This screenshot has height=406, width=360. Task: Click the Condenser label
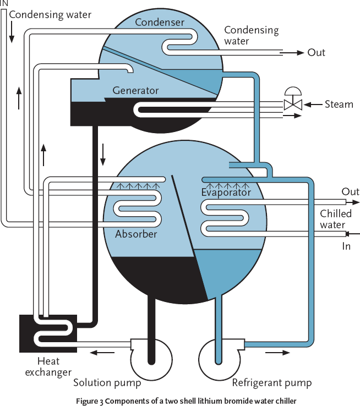tap(160, 23)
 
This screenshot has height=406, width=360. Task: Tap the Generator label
tap(135, 90)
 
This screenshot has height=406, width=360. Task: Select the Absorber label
tap(136, 234)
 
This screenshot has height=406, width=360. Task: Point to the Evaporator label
tap(226, 193)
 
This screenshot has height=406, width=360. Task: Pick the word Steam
tap(339, 104)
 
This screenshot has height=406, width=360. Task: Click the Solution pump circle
tap(149, 359)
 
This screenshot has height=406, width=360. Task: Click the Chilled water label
tap(333, 219)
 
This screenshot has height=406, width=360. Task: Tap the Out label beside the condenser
tap(317, 53)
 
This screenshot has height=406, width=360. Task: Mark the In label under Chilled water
tap(346, 246)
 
